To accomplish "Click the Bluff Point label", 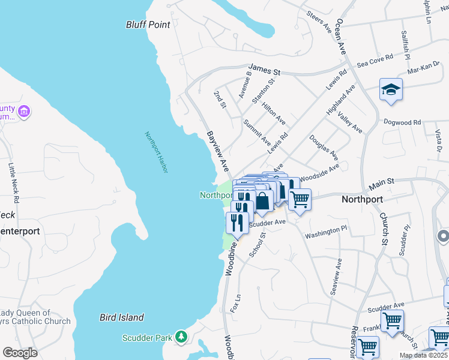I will [148, 25].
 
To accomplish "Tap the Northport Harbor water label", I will [155, 152].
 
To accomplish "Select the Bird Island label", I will [122, 317].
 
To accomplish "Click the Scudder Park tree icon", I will [181, 338].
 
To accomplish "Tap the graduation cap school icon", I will [391, 90].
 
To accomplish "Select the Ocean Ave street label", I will [342, 37].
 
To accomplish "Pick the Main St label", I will [381, 181].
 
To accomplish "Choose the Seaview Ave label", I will [335, 277].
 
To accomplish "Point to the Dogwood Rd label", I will [402, 122].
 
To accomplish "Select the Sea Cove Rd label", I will [375, 60].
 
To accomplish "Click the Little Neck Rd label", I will [13, 181].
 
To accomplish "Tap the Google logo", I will [20, 352].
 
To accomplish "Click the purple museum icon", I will [25, 111].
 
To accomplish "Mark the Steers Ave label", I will [319, 21].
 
